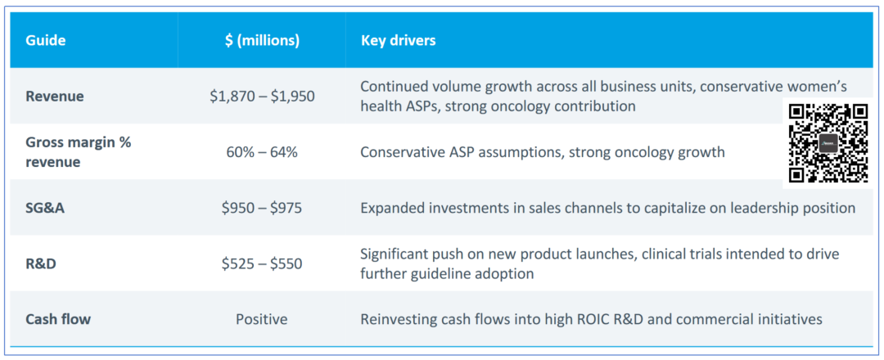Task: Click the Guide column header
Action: pyautogui.click(x=46, y=40)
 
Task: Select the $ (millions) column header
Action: pyautogui.click(x=262, y=40)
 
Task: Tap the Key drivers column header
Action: pyautogui.click(x=398, y=40)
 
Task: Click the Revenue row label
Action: pyautogui.click(x=55, y=97)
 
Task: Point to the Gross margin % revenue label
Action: pyautogui.click(x=78, y=151)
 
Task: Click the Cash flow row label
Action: pyautogui.click(x=58, y=319)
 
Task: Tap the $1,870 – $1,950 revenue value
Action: pyautogui.click(x=262, y=97)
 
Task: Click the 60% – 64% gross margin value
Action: pyautogui.click(x=262, y=152)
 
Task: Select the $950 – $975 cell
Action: pyautogui.click(x=262, y=208)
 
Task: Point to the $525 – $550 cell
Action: pyautogui.click(x=262, y=263)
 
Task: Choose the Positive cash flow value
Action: pyautogui.click(x=262, y=319)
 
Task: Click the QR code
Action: pyautogui.click(x=828, y=142)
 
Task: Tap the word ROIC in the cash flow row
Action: pyautogui.click(x=589, y=319)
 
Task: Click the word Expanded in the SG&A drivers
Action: pyautogui.click(x=392, y=208)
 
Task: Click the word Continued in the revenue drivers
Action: pyautogui.click(x=394, y=87)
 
